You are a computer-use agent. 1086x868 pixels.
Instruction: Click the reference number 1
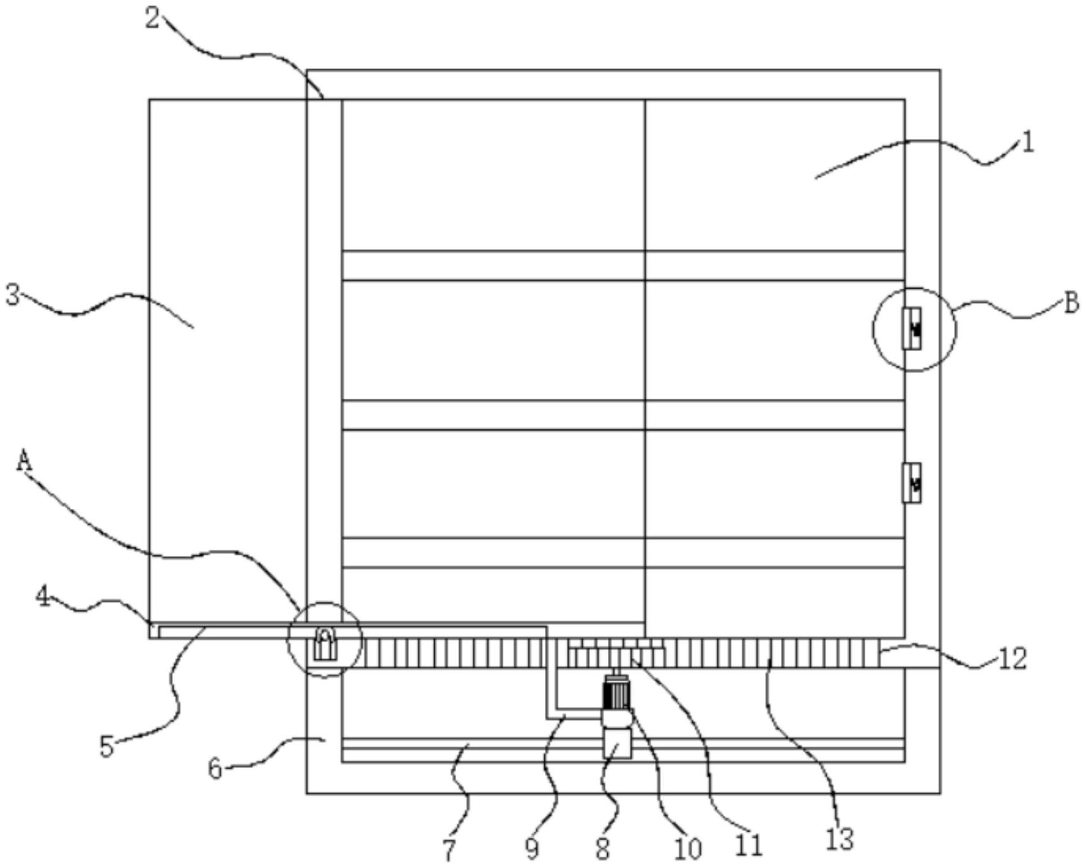tap(1027, 143)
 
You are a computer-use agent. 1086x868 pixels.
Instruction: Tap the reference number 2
tap(152, 19)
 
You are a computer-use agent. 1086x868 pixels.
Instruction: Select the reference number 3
tap(13, 295)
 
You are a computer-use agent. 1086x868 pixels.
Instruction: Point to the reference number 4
tap(43, 596)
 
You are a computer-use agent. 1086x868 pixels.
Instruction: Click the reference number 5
tap(107, 747)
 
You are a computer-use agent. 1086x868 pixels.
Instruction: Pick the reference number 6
tap(216, 769)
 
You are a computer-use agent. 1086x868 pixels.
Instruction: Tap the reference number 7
tap(449, 850)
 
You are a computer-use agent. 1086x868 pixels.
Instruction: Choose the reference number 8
tap(603, 849)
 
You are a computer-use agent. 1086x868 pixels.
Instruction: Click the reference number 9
tap(532, 849)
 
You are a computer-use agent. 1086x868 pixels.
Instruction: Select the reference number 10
tap(687, 849)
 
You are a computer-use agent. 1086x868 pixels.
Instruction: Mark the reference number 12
tap(1012, 659)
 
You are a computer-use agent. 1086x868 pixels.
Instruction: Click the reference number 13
tap(839, 839)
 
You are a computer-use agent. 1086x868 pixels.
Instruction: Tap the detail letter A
tap(24, 461)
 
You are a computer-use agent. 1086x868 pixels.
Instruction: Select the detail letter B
tap(1070, 304)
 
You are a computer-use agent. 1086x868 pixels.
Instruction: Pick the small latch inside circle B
tap(912, 328)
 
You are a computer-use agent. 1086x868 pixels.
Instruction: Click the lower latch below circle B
tap(912, 483)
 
